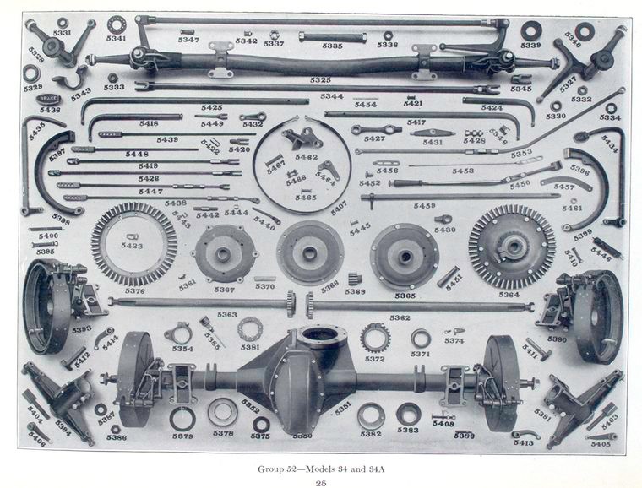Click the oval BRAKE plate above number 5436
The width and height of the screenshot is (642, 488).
(49, 99)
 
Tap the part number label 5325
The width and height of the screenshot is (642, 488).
(320, 80)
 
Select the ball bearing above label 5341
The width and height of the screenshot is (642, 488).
(117, 22)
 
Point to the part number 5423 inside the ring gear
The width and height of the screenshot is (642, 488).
(133, 246)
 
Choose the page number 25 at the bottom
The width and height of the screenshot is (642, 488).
(320, 482)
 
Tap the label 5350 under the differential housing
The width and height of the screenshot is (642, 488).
(302, 436)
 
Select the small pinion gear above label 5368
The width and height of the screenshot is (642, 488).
(355, 279)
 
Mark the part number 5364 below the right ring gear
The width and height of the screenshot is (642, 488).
(509, 295)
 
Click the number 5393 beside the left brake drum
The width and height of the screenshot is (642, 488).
(81, 329)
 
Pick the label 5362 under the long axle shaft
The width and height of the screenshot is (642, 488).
(400, 317)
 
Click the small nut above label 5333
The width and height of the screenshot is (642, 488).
(112, 77)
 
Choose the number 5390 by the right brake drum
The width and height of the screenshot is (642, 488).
(557, 339)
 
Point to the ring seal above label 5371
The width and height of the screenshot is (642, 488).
(421, 339)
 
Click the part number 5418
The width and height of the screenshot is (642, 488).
(149, 123)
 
